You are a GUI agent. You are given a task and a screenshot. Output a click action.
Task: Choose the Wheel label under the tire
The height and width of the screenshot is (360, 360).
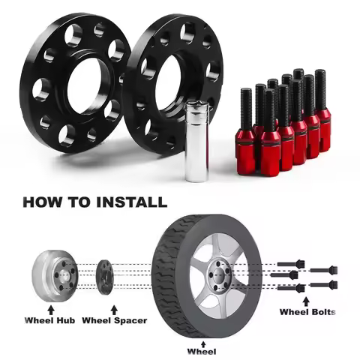point(202,350)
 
